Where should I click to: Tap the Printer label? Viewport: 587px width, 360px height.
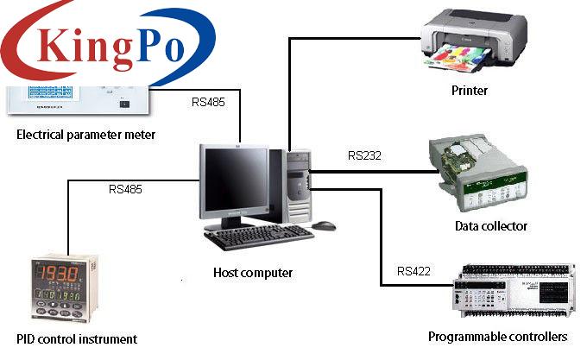point(469,91)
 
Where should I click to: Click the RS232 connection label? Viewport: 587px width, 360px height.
point(365,156)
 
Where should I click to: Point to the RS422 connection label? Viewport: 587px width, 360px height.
point(414,271)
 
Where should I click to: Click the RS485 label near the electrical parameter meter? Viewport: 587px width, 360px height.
point(208,101)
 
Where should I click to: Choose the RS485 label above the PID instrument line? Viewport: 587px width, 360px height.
point(126,188)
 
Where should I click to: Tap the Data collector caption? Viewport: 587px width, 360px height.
point(490,226)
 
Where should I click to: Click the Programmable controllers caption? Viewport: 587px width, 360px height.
point(497,336)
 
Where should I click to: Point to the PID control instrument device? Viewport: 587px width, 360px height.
point(60,289)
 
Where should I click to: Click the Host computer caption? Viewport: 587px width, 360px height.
point(253,273)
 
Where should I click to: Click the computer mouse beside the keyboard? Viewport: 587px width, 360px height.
point(324,225)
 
